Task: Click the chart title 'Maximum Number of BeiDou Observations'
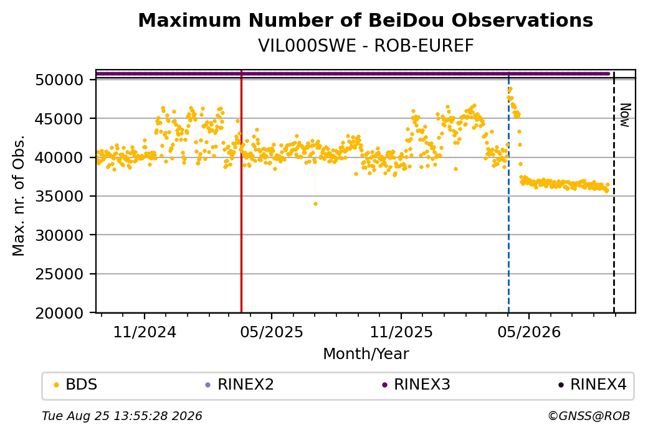click(x=365, y=21)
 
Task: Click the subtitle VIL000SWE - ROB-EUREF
click(x=366, y=46)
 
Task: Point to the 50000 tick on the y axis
click(x=60, y=80)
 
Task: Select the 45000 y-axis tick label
click(x=60, y=119)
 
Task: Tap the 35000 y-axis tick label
click(x=60, y=197)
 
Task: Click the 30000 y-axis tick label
click(x=60, y=235)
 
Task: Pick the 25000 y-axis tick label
click(x=60, y=274)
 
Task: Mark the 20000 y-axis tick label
click(x=60, y=313)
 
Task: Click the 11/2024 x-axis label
click(x=145, y=332)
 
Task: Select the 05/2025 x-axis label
click(x=272, y=332)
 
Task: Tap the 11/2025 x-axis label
click(x=401, y=332)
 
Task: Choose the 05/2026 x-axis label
click(x=529, y=332)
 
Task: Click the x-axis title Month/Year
click(x=366, y=354)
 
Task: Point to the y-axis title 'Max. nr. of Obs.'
click(x=19, y=195)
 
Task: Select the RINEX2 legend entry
click(x=240, y=385)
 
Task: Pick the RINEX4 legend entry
click(x=592, y=385)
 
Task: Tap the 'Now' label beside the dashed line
click(x=626, y=115)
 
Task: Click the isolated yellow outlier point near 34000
click(x=315, y=204)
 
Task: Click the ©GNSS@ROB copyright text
click(x=589, y=416)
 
